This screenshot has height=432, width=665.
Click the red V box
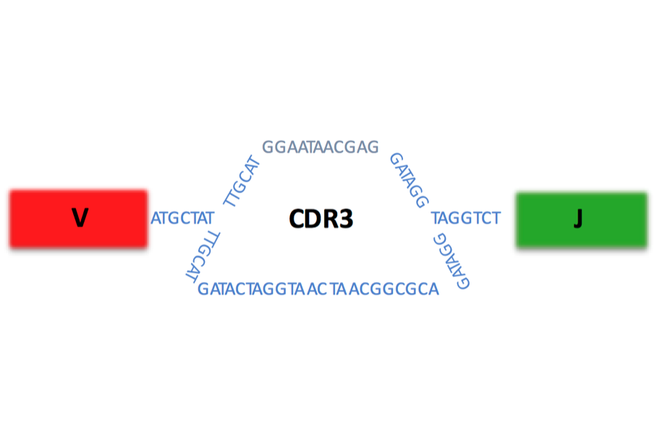point(78,219)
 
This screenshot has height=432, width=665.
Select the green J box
point(581,219)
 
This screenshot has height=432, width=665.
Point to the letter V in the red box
point(80,218)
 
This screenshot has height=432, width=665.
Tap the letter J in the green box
point(577,219)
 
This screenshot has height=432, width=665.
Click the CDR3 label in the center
point(321,219)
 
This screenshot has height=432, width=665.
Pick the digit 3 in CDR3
point(347,219)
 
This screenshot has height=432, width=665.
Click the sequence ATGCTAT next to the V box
point(182,218)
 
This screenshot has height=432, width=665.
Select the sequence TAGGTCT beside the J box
point(465,218)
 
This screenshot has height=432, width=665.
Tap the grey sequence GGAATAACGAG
point(321,147)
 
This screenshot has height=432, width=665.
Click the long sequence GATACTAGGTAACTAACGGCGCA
point(318,289)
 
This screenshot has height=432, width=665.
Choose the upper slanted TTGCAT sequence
point(242,181)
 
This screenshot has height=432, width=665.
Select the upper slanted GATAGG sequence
point(409,179)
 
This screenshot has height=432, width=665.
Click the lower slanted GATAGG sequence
point(452,261)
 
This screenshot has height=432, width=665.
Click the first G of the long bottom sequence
point(203,289)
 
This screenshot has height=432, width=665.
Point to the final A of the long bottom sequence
point(433,289)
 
